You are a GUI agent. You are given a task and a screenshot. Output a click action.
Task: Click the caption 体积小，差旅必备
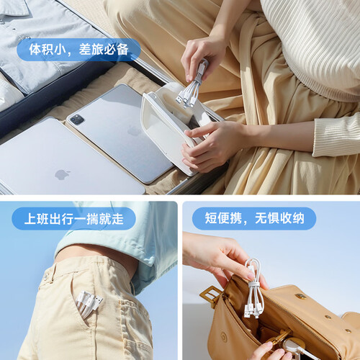click(x=78, y=50)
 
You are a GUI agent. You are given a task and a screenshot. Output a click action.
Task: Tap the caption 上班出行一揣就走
click(x=74, y=219)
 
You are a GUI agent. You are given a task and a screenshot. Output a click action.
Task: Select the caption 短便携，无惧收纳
click(x=254, y=218)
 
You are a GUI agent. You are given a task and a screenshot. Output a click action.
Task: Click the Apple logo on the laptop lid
click(x=62, y=174)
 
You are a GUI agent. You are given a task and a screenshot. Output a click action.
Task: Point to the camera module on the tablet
click(x=76, y=120)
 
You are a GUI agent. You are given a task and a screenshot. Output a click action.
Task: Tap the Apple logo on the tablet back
click(x=134, y=131)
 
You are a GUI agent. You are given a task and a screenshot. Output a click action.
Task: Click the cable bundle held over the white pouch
click(x=192, y=86)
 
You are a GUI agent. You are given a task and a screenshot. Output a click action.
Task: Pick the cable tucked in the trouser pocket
click(x=89, y=304)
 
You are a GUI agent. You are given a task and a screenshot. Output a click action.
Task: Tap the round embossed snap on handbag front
click(x=224, y=337)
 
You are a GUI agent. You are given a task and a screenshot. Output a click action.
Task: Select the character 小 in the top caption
click(x=60, y=50)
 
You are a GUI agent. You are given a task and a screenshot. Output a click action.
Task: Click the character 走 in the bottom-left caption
click(x=117, y=219)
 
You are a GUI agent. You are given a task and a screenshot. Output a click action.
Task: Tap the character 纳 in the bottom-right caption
click(x=298, y=218)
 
